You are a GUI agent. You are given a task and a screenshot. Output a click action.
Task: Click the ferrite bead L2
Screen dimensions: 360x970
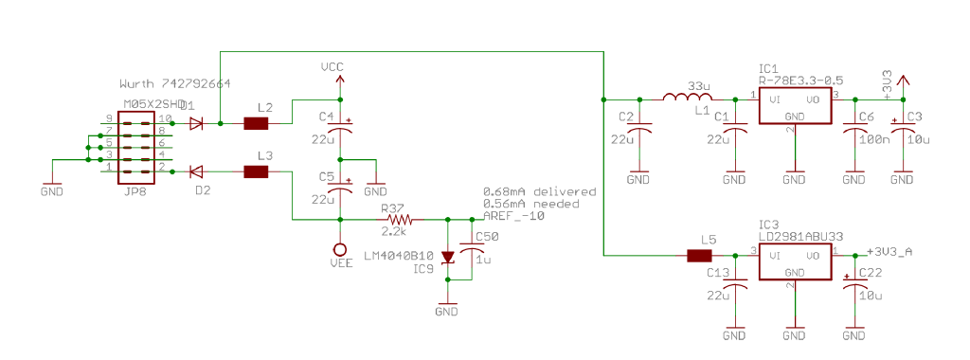256,123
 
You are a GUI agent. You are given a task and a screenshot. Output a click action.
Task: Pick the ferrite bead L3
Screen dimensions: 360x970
256,171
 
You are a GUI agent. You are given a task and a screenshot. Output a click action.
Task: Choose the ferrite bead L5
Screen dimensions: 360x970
699,255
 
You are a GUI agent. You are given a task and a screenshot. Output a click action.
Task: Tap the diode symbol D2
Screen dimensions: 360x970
196,171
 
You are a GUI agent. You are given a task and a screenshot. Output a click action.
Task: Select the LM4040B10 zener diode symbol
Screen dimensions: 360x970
446,258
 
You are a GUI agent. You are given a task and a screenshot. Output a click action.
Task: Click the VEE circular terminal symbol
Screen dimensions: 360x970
339,251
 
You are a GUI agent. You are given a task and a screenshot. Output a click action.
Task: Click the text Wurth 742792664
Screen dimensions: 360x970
176,84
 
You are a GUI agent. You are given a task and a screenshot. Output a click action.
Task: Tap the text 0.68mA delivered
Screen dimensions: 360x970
539,191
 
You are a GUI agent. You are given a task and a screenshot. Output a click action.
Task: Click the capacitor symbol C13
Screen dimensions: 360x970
734,285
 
